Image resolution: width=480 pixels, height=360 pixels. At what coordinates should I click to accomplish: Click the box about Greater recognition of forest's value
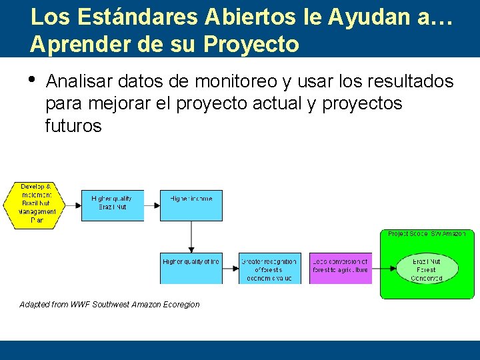tap(269, 268)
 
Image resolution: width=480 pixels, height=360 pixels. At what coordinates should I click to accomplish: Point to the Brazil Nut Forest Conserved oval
tap(427, 269)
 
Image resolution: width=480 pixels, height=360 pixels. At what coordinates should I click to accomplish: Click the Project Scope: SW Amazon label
tap(427, 234)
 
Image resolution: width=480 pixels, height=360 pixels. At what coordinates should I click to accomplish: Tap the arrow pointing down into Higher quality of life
tap(191, 247)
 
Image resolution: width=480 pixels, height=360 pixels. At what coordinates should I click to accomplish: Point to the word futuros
tap(73, 126)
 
